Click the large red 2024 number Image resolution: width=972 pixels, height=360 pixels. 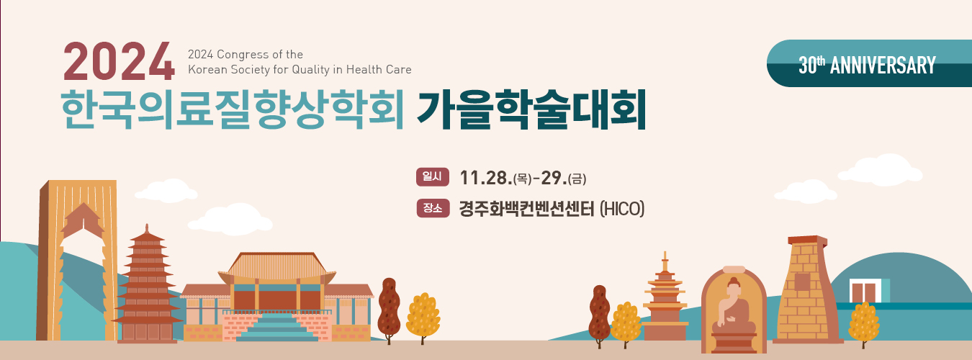[x=119, y=62]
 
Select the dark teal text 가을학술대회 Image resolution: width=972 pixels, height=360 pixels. [x=531, y=109]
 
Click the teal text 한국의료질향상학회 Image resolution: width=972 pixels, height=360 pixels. [x=233, y=109]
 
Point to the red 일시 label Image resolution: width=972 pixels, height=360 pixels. [x=432, y=176]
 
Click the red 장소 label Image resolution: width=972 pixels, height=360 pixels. [x=433, y=208]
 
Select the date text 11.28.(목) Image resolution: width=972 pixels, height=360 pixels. [x=495, y=178]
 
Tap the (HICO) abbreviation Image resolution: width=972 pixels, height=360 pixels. [x=622, y=209]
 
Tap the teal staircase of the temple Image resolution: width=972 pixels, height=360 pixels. [x=277, y=327]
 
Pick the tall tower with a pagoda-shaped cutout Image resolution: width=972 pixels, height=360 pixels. [x=78, y=260]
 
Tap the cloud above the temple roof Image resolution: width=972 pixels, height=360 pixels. [x=230, y=219]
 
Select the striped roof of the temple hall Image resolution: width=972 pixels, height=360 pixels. [x=277, y=266]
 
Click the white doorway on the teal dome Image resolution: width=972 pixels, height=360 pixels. [x=865, y=291]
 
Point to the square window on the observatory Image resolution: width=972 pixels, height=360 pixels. [x=802, y=282]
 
